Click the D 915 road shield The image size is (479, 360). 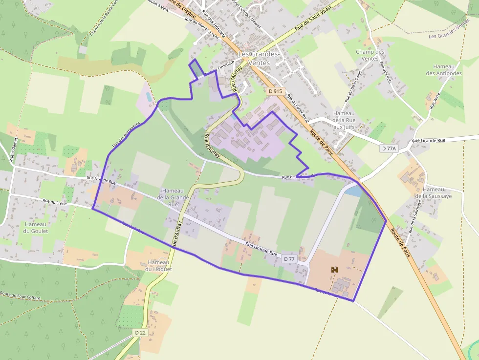point(276,91)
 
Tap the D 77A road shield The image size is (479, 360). point(390,148)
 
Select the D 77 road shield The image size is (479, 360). point(289,259)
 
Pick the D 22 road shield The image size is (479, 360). point(140,333)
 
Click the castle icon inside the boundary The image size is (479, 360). point(335,269)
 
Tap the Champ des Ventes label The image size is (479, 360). point(370,55)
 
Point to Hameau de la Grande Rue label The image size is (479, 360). point(173,197)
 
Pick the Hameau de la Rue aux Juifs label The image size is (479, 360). point(344,120)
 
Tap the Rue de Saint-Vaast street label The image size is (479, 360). point(317,21)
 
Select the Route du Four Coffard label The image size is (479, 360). point(21,295)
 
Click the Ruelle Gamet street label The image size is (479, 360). point(13,149)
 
